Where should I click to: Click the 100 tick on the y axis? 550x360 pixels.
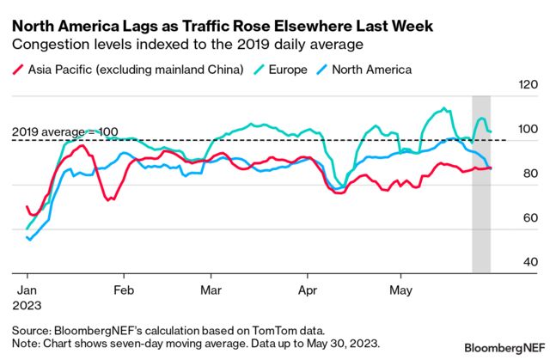[x=523, y=129]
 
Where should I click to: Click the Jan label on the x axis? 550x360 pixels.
[x=27, y=290]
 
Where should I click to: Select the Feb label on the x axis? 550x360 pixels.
[x=124, y=290]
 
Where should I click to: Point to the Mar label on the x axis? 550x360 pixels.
[x=211, y=290]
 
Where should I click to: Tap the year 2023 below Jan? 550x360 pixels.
[x=30, y=304]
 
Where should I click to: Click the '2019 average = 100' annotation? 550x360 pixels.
[x=64, y=131]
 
